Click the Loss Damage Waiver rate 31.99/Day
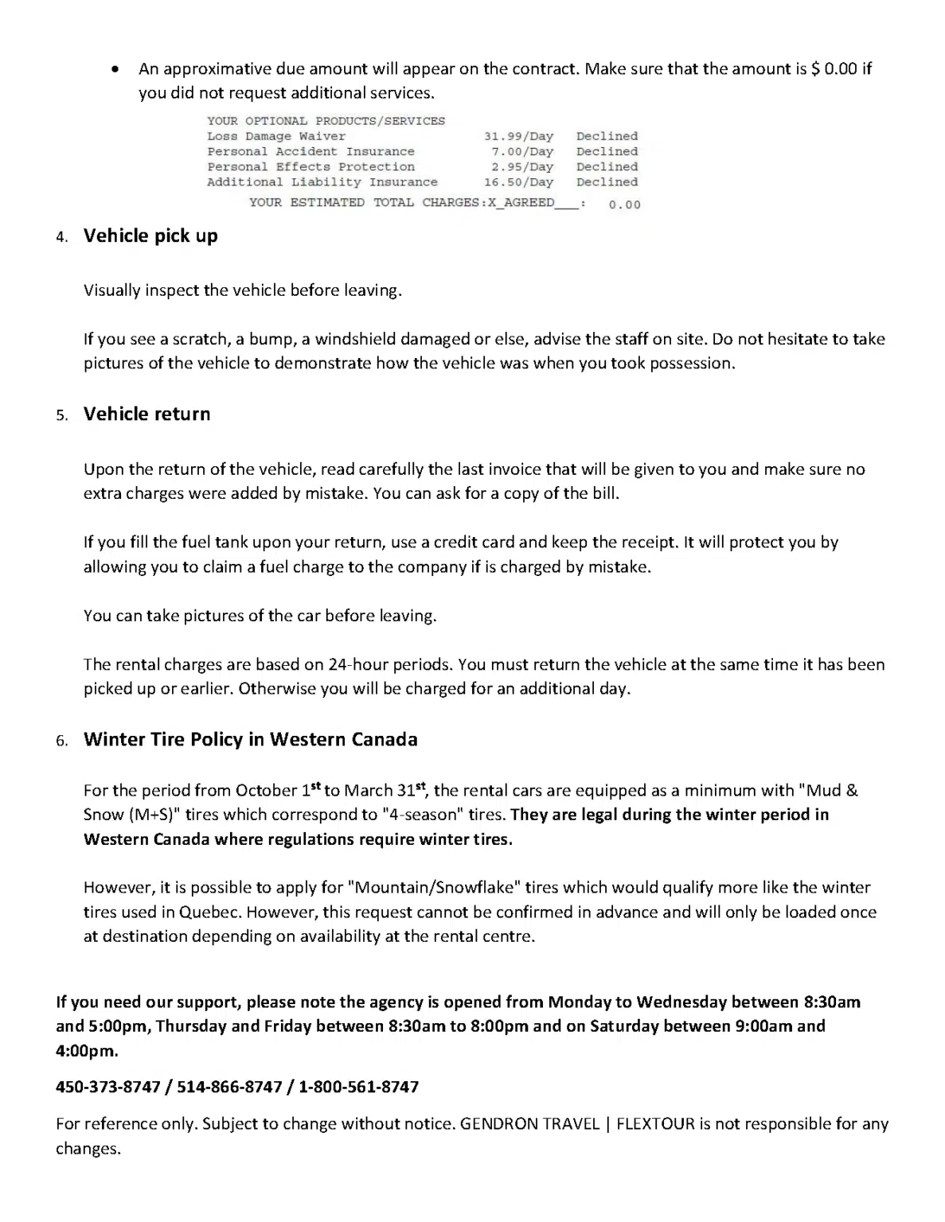[x=518, y=136]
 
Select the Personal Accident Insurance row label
[x=310, y=151]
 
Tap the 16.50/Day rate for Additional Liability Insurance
[x=518, y=182]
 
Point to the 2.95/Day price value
[x=522, y=167]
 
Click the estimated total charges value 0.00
[x=624, y=205]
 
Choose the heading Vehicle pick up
[x=150, y=236]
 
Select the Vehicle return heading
[x=147, y=414]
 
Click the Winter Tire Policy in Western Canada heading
[x=250, y=740]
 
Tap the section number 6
[x=62, y=741]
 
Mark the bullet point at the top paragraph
[x=116, y=69]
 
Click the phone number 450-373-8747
[x=108, y=1087]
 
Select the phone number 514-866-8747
[x=229, y=1087]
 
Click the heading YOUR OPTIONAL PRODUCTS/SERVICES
[x=326, y=121]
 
